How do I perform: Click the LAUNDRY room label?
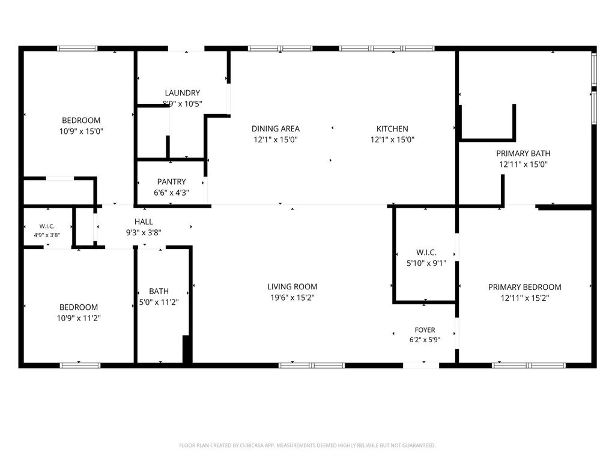point(183,93)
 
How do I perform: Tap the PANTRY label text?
point(171,182)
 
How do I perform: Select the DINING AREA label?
point(275,128)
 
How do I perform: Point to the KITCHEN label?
point(392,128)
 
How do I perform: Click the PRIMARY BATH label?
point(523,153)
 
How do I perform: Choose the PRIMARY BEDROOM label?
point(524,287)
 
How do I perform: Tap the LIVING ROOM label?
point(292,286)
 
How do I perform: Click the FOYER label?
point(425,330)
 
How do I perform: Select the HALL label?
point(144,222)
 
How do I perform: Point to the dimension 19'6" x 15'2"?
point(292,298)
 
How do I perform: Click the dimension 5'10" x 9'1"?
point(426,263)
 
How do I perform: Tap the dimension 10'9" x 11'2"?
point(79,318)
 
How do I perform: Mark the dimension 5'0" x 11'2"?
point(159,303)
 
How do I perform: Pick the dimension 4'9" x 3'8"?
point(47,235)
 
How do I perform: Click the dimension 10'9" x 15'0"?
point(81,131)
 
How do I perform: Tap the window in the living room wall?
point(312,366)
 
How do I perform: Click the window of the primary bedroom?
point(529,366)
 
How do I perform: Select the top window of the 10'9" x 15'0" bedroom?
point(77,49)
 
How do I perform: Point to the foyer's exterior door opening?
point(421,366)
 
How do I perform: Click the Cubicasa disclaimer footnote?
point(307,445)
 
